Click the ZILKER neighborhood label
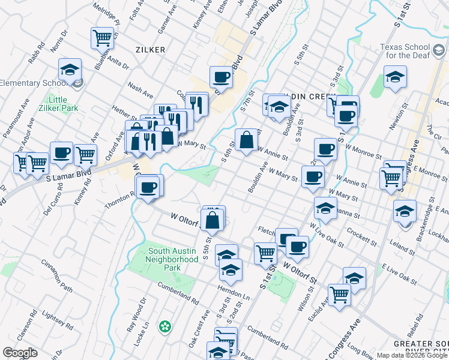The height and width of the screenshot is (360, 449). click(x=150, y=50)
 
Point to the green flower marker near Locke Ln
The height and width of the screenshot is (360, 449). click(x=164, y=327)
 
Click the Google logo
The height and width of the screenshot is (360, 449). click(x=20, y=353)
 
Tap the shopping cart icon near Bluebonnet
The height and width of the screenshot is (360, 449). click(x=102, y=38)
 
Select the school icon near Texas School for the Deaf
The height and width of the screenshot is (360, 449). click(x=395, y=76)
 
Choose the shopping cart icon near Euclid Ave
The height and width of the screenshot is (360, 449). click(x=340, y=295)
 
